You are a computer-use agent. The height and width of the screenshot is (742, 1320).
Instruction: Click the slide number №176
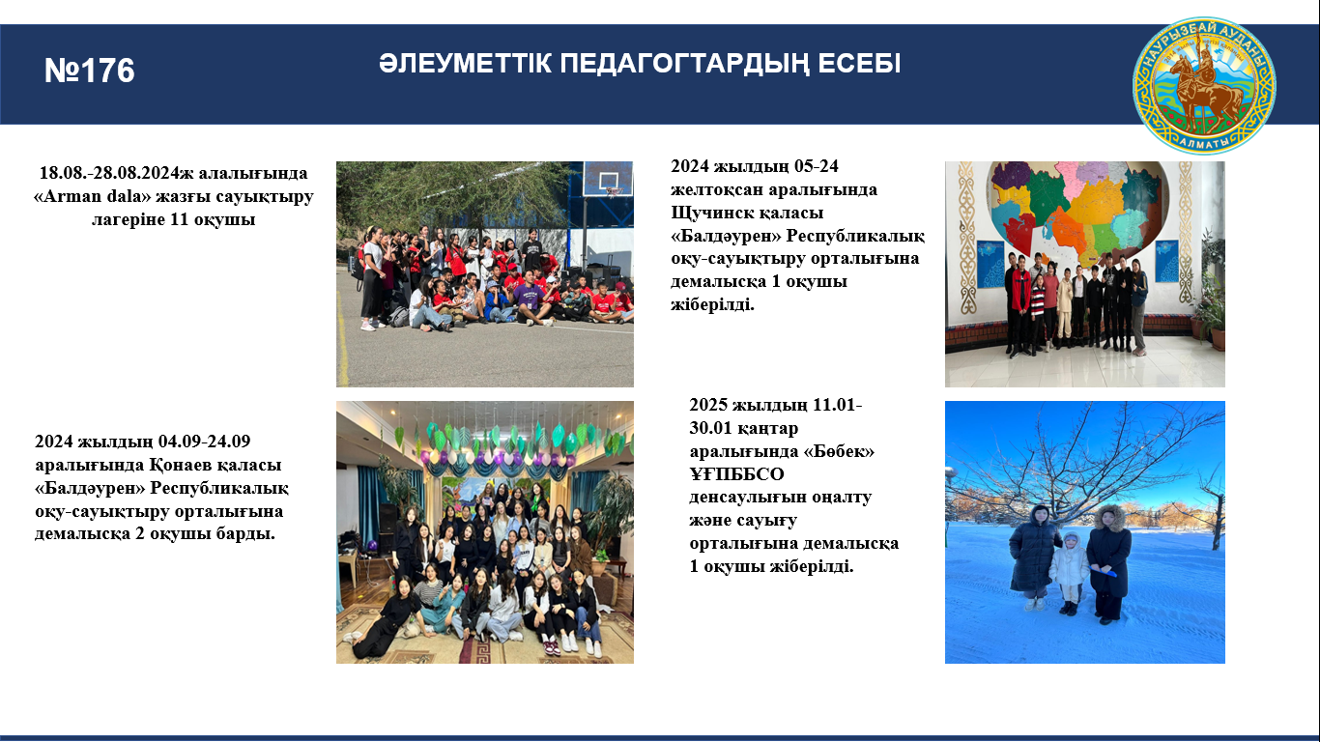point(90,71)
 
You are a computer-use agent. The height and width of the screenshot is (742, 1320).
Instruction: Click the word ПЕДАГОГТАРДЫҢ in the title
point(682,64)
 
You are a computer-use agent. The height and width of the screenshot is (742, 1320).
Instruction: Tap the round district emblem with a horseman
point(1204,85)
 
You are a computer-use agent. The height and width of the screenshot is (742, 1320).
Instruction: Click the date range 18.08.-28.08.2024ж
point(116,173)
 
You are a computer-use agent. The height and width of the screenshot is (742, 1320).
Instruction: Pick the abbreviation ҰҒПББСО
point(736,474)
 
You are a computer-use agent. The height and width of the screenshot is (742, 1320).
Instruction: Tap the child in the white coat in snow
point(1070,573)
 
